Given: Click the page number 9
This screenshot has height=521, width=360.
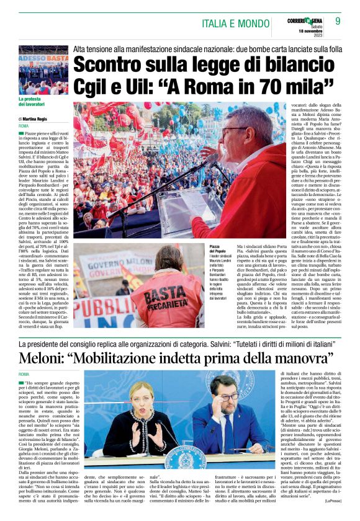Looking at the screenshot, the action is pyautogui.click(x=338, y=20).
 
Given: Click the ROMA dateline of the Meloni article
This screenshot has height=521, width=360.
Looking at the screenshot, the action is pyautogui.click(x=24, y=374).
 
